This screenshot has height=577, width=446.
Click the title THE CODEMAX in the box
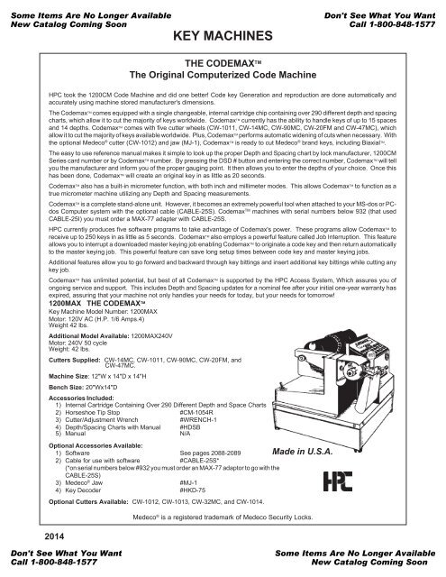coord(223,65)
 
